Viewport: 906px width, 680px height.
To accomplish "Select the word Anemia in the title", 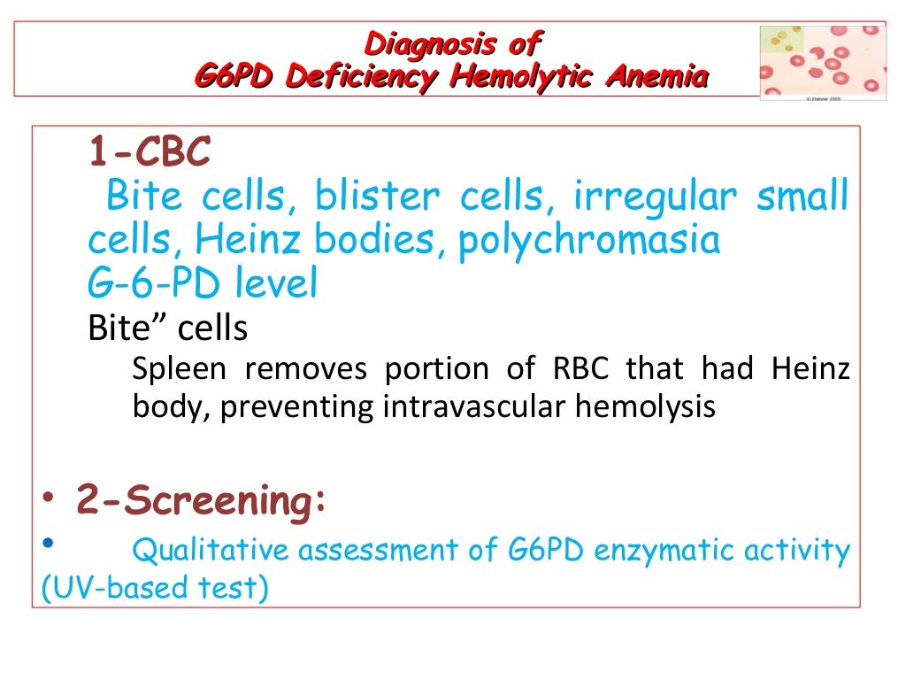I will [x=656, y=78].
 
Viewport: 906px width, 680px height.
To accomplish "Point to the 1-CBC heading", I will [x=149, y=153].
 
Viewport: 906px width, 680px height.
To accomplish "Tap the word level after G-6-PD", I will [x=276, y=283].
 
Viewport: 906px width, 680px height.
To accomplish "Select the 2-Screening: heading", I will [x=201, y=501].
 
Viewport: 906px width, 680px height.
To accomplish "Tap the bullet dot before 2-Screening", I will [x=50, y=501].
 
